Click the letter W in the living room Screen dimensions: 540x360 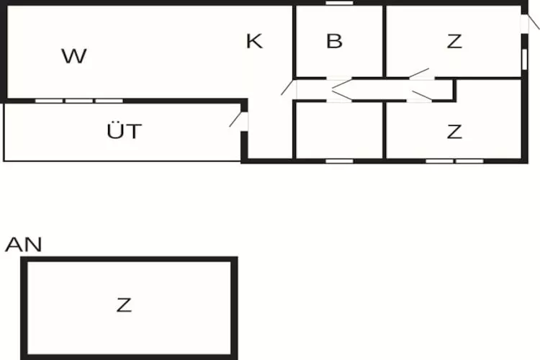[x=74, y=56]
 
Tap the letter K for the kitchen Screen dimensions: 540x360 [x=254, y=41]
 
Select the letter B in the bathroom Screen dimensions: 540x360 [x=334, y=41]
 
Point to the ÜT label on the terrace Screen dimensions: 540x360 [x=125, y=130]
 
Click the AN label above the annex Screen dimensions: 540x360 [x=24, y=244]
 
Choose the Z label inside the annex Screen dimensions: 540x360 [x=124, y=305]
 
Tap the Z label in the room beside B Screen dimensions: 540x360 [x=454, y=41]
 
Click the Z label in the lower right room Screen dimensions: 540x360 [x=454, y=132]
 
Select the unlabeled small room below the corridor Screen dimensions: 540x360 [x=339, y=130]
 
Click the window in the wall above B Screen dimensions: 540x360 [x=340, y=3]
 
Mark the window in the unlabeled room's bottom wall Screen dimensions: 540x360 [x=340, y=161]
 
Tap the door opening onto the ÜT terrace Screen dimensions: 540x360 [x=238, y=120]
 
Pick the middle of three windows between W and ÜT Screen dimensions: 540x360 [x=79, y=101]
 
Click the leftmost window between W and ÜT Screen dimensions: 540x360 [x=49, y=101]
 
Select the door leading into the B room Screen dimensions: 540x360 [x=339, y=83]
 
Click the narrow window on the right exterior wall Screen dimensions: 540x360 [x=524, y=59]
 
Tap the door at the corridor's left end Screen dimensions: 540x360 [x=289, y=87]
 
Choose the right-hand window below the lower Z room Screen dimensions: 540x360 [x=469, y=161]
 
